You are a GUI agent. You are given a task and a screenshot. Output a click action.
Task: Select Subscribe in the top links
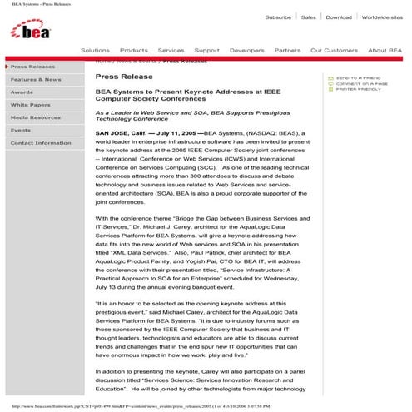pyautogui.click(x=278, y=17)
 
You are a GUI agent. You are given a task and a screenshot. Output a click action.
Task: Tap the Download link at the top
pyautogui.click(x=339, y=17)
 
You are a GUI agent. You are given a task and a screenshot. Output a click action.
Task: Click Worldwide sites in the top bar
pyautogui.click(x=382, y=17)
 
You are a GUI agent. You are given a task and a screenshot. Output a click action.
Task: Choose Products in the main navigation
pyautogui.click(x=134, y=50)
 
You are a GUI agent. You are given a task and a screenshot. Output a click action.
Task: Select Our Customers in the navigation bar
pyautogui.click(x=334, y=50)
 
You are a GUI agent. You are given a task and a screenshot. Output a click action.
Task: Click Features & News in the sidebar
pyautogui.click(x=36, y=79)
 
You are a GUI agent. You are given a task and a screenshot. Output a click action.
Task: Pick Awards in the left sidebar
pyautogui.click(x=22, y=92)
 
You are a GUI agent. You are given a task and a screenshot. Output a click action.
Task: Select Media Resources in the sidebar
pyautogui.click(x=36, y=117)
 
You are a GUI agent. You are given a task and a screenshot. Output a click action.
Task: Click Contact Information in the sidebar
pyautogui.click(x=41, y=143)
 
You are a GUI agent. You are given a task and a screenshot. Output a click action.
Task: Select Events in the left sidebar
pyautogui.click(x=21, y=130)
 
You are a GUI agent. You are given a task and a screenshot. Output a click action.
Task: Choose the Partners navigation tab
pyautogui.click(x=287, y=50)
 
